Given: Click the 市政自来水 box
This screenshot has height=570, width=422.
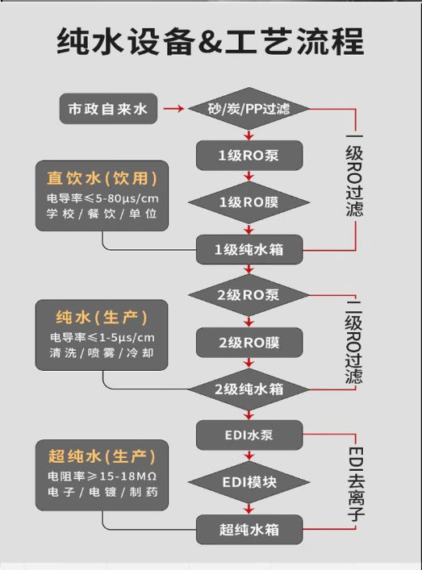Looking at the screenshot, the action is click(108, 109).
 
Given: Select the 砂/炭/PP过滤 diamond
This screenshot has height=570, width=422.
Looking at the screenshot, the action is click(249, 109).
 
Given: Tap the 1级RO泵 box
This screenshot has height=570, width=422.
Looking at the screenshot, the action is click(249, 156).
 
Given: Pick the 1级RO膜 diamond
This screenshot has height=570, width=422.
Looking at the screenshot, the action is click(249, 202).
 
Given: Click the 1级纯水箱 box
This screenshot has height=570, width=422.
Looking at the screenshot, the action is click(249, 249).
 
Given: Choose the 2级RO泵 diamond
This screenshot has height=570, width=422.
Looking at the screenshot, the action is click(249, 295).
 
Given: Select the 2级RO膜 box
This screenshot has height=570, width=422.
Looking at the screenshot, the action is click(249, 343).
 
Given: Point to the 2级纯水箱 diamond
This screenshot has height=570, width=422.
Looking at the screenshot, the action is click(249, 389).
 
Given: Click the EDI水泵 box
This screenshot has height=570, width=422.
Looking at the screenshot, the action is click(249, 435).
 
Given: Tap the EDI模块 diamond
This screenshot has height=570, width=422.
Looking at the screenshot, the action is click(249, 482).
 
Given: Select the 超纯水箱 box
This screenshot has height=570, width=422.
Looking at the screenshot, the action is click(249, 529).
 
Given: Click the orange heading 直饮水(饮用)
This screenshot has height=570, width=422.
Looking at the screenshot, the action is click(102, 178).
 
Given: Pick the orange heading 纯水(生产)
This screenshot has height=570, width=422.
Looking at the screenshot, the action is click(102, 318).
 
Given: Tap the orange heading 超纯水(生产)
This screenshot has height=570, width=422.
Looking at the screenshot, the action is click(102, 456).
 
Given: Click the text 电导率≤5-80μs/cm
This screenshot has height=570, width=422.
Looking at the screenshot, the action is click(102, 198).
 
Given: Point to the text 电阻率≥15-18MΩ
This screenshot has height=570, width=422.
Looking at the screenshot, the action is click(102, 476).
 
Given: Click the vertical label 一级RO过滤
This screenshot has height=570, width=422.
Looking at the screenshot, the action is click(354, 176).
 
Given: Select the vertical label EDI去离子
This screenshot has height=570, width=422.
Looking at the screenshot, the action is click(356, 484).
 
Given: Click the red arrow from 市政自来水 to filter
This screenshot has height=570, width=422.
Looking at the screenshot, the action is click(173, 108).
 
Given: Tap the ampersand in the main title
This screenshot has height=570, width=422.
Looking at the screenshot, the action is click(211, 42).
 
